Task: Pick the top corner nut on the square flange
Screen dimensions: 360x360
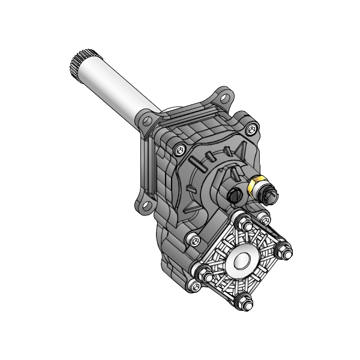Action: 246,226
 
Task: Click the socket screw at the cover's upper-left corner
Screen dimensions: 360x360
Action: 179,151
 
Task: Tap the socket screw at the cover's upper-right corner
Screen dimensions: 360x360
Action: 251,127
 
